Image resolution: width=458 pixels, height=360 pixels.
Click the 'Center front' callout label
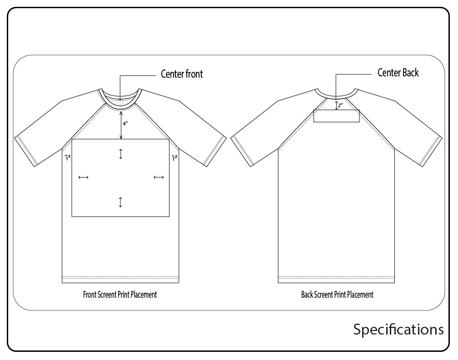(182, 74)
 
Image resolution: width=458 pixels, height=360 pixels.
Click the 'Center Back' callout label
(398, 72)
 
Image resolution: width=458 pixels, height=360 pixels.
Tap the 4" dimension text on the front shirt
(125, 124)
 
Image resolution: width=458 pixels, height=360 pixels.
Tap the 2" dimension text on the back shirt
(340, 105)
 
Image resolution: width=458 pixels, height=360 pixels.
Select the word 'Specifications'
(398, 329)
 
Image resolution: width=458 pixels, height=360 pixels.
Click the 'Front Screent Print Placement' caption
(120, 295)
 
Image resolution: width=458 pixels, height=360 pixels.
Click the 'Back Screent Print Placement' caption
(337, 295)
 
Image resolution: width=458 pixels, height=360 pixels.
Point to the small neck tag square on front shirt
(120, 102)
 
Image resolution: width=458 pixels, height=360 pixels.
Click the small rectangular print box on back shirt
(337, 116)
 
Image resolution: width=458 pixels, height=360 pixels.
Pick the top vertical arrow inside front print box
(121, 154)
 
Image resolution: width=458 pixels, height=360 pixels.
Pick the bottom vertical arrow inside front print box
(120, 202)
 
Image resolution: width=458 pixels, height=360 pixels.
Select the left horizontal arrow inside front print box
(84, 177)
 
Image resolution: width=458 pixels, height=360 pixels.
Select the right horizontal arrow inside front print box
(159, 177)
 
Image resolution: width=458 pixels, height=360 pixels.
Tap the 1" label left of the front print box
(68, 158)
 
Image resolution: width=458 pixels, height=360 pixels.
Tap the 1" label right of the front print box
(174, 158)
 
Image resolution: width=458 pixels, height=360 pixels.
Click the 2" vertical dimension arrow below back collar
(336, 105)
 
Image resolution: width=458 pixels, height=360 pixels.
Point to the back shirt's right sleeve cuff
(431, 151)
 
